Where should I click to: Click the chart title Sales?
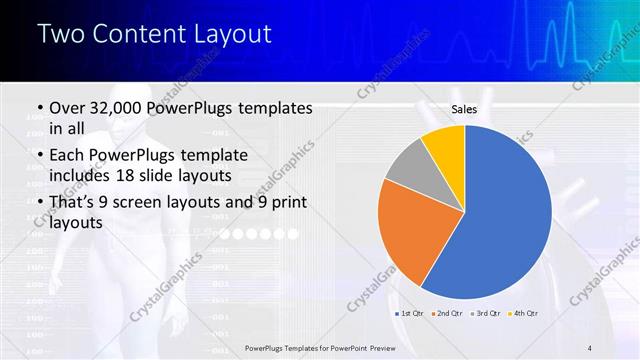pyautogui.click(x=464, y=111)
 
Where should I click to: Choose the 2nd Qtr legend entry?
pyautogui.click(x=445, y=313)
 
